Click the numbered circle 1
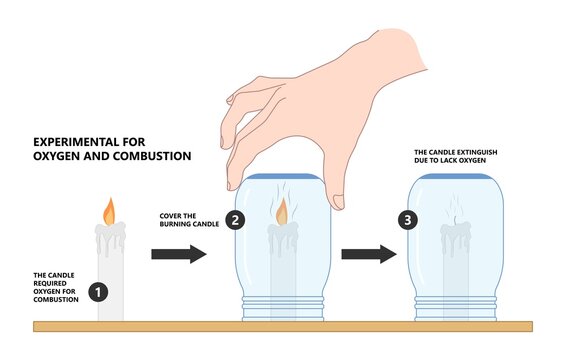(97, 292)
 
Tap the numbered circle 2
(235, 221)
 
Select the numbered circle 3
(409, 221)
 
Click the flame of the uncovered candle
(110, 211)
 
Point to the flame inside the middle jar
(282, 212)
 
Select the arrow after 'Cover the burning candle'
(178, 254)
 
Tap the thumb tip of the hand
(339, 203)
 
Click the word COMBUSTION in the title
(151, 157)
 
